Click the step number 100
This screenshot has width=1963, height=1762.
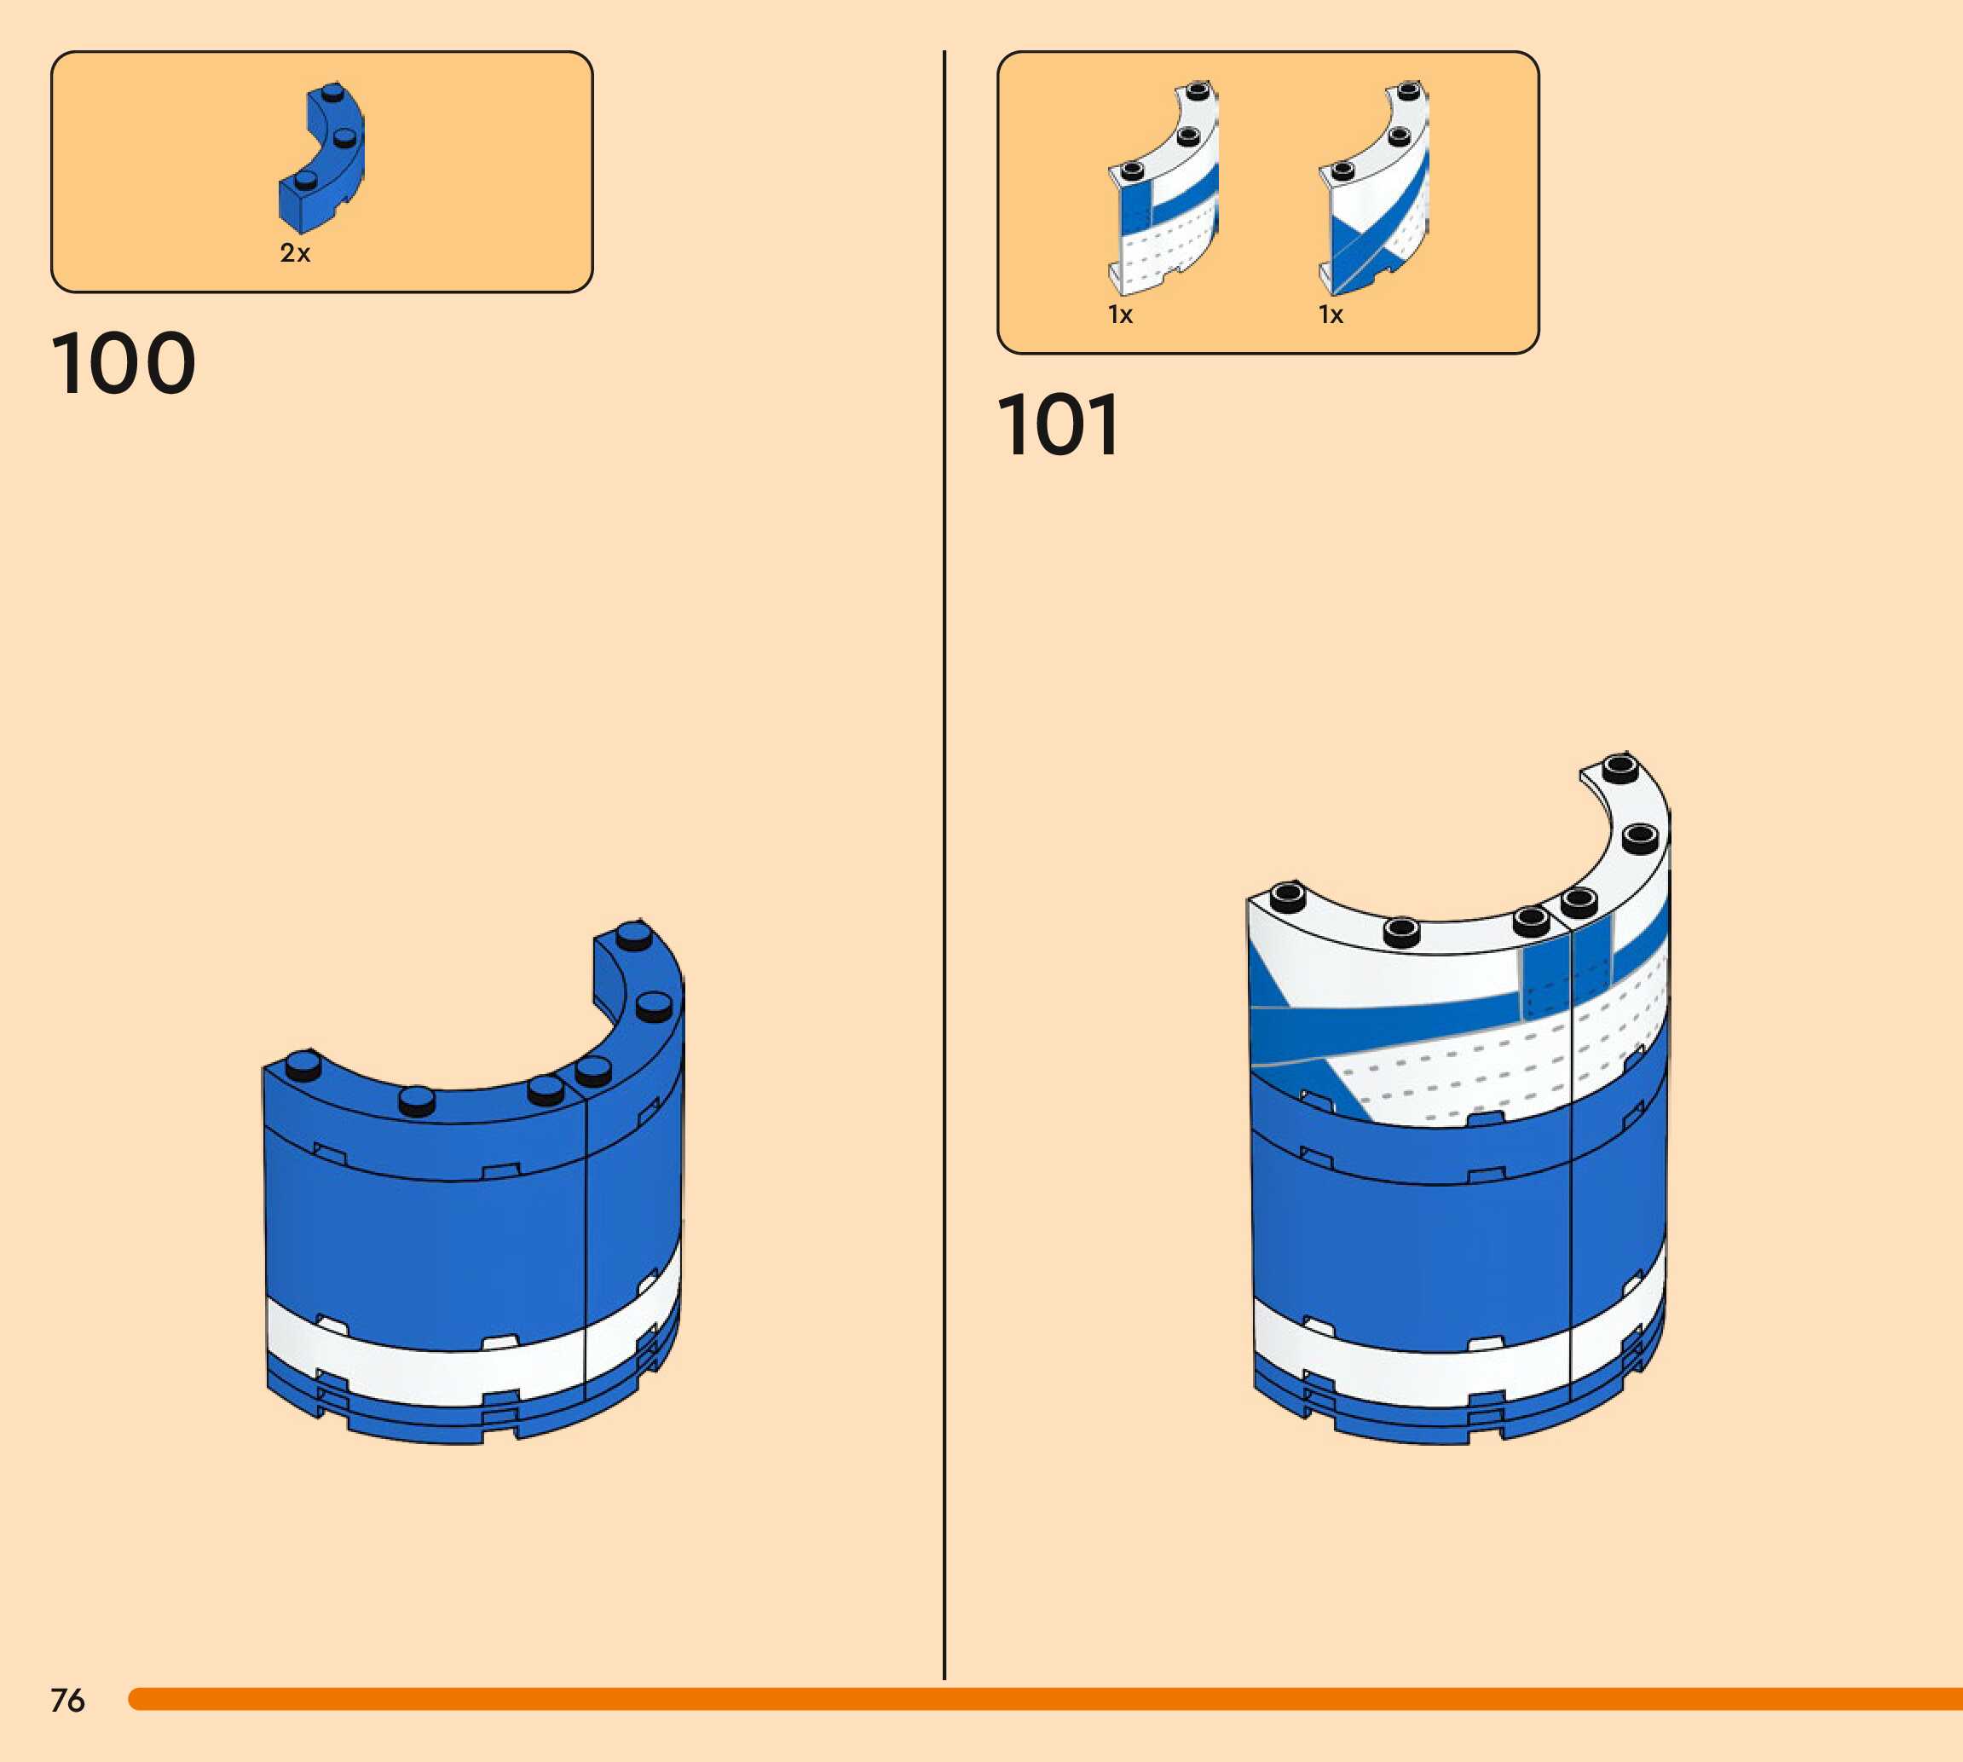click(123, 363)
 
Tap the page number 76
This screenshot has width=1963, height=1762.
click(67, 1700)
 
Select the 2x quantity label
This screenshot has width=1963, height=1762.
click(295, 254)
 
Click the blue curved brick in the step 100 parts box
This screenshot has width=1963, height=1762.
click(322, 159)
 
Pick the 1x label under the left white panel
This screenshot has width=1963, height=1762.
click(1120, 315)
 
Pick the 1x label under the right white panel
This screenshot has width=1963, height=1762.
click(1331, 315)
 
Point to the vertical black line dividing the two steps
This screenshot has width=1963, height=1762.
click(944, 871)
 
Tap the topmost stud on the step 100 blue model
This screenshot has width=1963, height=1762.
click(633, 934)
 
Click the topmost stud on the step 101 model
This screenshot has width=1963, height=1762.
click(1619, 769)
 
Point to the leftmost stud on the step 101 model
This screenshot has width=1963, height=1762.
click(1286, 896)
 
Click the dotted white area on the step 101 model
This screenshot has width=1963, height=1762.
click(1452, 1075)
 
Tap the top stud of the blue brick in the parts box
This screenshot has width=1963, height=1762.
click(334, 94)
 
